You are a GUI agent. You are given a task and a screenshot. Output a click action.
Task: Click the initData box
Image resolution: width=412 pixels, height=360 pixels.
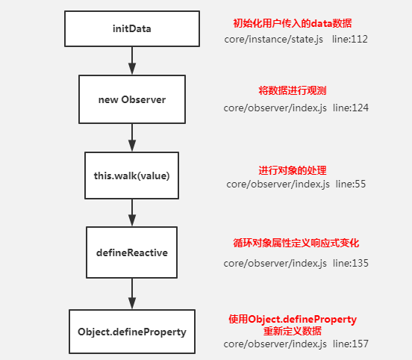pyautogui.click(x=132, y=28)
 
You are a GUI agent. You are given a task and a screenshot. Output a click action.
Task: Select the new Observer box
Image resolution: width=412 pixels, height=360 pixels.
pyautogui.click(x=132, y=99)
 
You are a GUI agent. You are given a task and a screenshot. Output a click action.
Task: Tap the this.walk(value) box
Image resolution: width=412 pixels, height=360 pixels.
pyautogui.click(x=131, y=176)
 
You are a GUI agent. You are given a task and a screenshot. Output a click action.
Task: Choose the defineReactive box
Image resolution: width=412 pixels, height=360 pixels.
pyautogui.click(x=131, y=252)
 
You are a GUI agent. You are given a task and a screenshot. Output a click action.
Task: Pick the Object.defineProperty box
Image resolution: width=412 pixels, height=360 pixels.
pyautogui.click(x=132, y=332)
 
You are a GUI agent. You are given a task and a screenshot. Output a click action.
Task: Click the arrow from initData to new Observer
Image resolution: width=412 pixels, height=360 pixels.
pyautogui.click(x=132, y=60)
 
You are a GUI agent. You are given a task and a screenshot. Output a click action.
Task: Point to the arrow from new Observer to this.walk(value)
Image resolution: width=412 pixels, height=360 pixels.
pyautogui.click(x=132, y=137)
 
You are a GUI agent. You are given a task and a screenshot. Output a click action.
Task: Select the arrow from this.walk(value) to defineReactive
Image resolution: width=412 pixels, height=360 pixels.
pyautogui.click(x=132, y=213)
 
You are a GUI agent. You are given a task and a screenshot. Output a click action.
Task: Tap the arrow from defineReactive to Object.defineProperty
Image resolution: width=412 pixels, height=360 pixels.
pyautogui.click(x=132, y=294)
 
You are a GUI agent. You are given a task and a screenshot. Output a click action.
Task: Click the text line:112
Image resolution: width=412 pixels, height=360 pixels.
pyautogui.click(x=350, y=39)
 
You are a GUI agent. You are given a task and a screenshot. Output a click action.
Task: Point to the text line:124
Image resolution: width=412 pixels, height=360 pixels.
pyautogui.click(x=351, y=108)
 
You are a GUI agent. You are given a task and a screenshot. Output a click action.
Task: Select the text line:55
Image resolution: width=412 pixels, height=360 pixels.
pyautogui.click(x=351, y=184)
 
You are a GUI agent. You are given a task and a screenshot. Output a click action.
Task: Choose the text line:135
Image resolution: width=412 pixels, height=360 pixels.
pyautogui.click(x=351, y=263)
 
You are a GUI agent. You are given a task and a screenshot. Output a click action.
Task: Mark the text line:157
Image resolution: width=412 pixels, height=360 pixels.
pyautogui.click(x=351, y=344)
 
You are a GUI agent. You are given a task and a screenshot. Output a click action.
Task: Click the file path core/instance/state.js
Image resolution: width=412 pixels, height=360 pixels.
pyautogui.click(x=273, y=40)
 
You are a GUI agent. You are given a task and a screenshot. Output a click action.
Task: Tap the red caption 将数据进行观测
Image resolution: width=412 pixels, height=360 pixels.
pyautogui.click(x=293, y=90)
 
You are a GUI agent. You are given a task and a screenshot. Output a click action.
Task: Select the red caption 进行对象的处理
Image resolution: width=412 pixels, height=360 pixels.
pyautogui.click(x=293, y=170)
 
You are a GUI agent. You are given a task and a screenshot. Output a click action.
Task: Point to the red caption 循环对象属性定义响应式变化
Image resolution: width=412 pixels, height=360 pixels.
pyautogui.click(x=296, y=243)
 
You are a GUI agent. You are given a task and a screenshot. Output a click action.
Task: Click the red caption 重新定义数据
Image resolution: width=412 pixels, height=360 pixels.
pyautogui.click(x=293, y=331)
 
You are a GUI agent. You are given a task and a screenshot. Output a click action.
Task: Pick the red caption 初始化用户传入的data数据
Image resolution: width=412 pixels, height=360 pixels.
pyautogui.click(x=293, y=23)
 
